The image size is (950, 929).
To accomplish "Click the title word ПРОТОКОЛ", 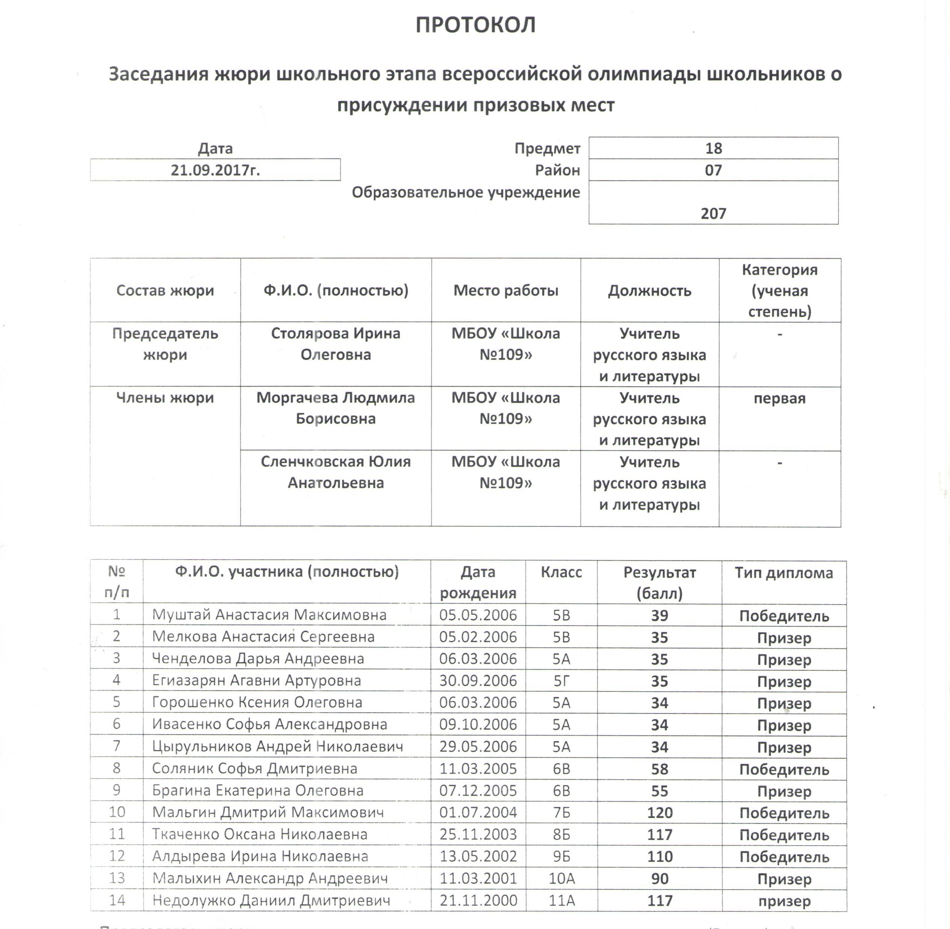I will click(x=475, y=25).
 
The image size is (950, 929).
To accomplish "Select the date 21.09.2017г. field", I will click(x=215, y=170).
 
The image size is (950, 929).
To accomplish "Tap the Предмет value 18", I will click(x=713, y=148).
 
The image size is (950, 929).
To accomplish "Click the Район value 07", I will click(x=713, y=170).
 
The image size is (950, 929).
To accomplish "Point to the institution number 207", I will click(x=713, y=213).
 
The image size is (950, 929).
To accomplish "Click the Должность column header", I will click(x=649, y=291).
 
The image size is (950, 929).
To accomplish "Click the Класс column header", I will click(x=561, y=572).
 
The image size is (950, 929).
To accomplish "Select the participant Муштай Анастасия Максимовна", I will click(x=269, y=615).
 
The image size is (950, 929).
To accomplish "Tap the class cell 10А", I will click(x=561, y=879).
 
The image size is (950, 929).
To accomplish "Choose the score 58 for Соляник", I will click(x=660, y=769).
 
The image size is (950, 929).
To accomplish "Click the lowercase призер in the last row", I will click(x=784, y=901).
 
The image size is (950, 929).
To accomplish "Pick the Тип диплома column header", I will click(x=784, y=573).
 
